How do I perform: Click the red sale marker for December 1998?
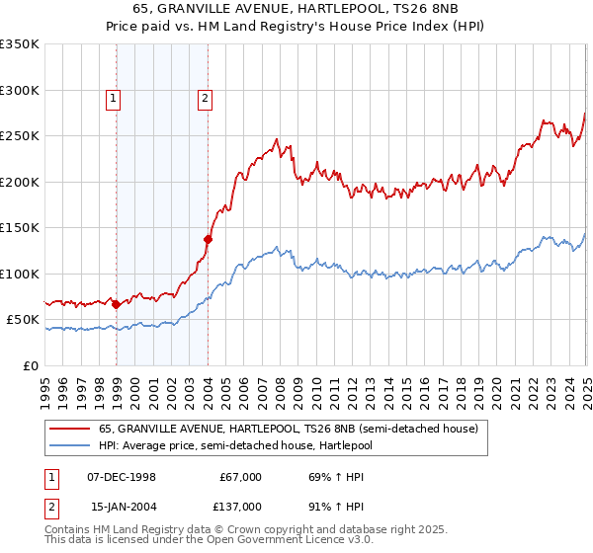click(117, 304)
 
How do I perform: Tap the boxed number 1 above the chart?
click(114, 98)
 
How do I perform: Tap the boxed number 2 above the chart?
click(205, 98)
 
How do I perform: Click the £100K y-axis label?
click(19, 274)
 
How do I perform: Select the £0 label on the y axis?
click(30, 365)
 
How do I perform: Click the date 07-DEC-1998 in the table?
click(123, 477)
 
